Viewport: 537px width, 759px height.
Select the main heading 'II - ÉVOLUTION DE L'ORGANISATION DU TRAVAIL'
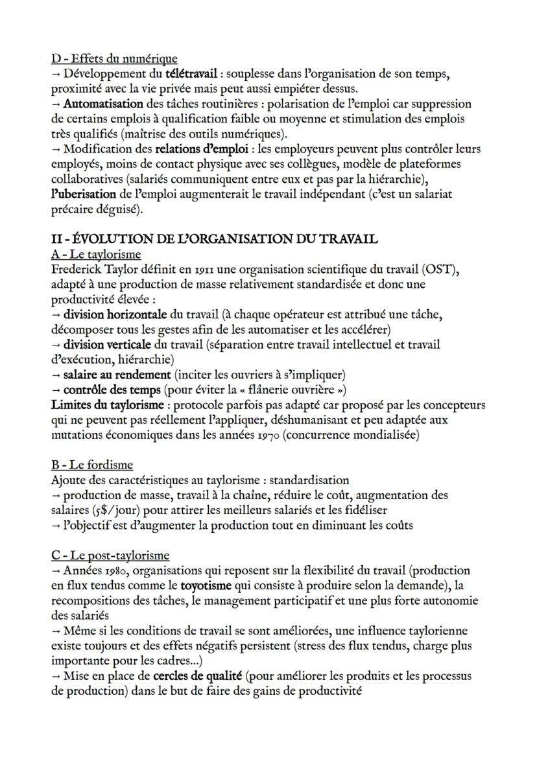213,239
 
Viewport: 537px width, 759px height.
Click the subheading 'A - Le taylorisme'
95,254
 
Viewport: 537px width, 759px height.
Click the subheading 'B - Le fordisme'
91,465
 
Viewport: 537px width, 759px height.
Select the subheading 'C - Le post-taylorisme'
110,555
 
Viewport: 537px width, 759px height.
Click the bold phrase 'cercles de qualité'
198,676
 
